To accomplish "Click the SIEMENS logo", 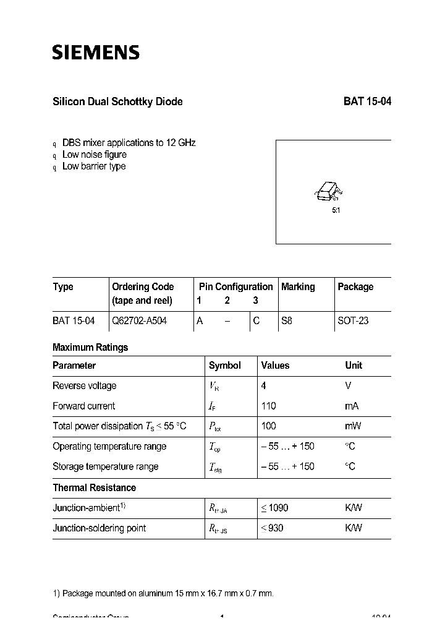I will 96,52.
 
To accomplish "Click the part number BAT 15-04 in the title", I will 367,102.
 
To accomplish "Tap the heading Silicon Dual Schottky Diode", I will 117,102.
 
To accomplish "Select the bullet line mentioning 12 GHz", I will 129,143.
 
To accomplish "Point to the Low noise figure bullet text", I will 95,155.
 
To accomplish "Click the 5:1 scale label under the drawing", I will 336,210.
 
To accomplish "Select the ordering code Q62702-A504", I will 139,321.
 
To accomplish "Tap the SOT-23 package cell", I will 353,321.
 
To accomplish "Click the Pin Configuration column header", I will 235,287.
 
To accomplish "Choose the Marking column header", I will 298,287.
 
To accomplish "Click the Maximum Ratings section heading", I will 90,348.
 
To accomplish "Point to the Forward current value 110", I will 269,406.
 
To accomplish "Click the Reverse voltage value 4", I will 264,386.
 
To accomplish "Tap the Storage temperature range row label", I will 105,467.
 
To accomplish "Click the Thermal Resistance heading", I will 94,488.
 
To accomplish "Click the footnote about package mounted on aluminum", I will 163,594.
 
